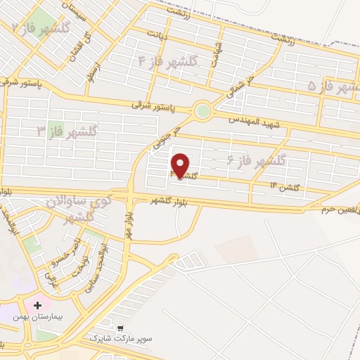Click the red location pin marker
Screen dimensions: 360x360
coord(181,165)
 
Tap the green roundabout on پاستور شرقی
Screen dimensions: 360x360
coord(202,110)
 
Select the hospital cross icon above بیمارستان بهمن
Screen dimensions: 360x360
coord(37,305)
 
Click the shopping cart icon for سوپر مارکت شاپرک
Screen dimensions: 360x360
coord(120,328)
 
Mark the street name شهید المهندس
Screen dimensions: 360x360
coord(253,120)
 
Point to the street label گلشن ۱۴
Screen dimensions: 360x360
coord(285,186)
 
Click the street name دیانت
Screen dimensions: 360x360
coord(157,33)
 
